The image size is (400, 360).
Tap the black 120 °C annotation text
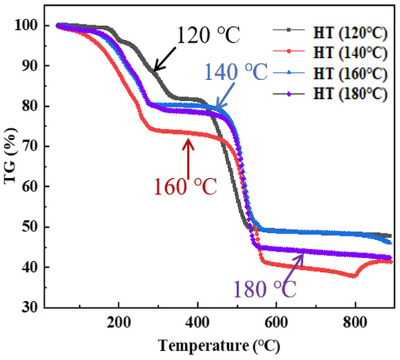pos(207,33)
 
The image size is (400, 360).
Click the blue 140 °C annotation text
pos(236,73)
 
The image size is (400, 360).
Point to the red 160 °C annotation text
pos(185,186)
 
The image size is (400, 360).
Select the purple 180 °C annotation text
pos(265,290)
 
